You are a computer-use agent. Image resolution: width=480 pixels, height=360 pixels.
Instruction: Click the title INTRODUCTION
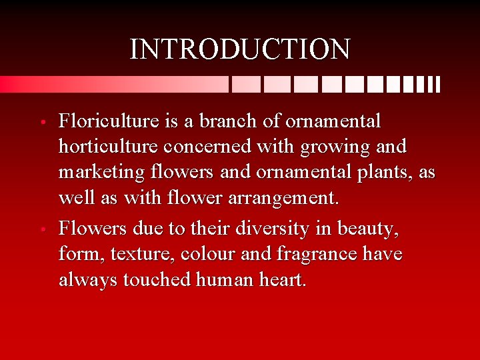click(239, 49)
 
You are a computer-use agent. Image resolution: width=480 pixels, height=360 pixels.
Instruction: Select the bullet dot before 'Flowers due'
click(42, 230)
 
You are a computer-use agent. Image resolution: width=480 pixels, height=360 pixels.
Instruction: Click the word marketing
click(101, 173)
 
